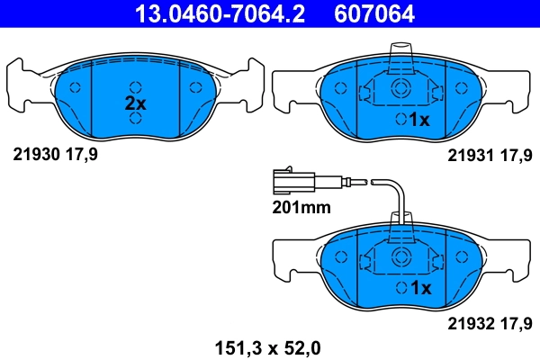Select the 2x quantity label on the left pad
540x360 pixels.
[135, 103]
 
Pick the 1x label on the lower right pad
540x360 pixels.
[420, 288]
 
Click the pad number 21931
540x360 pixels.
[466, 154]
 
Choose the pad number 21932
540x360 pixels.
[466, 321]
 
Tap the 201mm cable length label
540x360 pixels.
[301, 207]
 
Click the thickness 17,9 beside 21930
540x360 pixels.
[80, 154]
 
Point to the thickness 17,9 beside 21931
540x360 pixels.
[516, 154]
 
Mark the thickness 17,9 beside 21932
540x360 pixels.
[516, 321]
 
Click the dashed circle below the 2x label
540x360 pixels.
[135, 119]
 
